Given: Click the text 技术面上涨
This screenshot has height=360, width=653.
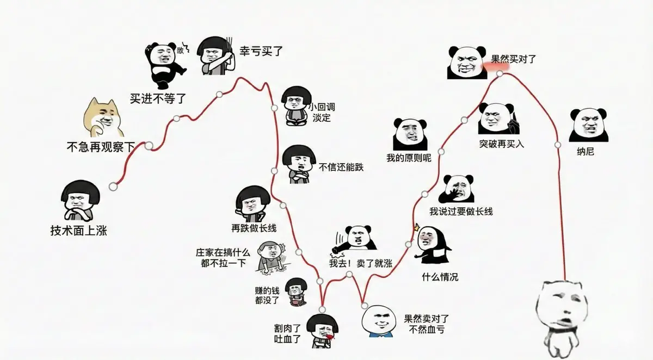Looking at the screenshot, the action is point(79,231).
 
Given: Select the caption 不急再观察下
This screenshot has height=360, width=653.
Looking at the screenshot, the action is point(101,147).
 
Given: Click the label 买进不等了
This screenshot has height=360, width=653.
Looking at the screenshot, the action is point(158,99).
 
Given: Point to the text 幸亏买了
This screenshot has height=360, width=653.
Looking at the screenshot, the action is point(261,51).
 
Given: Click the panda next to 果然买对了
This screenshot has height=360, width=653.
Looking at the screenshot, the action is point(467,63).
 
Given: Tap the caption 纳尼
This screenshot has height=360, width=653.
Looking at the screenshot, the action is point(586,152).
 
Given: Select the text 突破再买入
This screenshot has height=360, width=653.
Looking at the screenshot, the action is point(501,144).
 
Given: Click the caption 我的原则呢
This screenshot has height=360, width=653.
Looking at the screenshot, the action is point(409,158).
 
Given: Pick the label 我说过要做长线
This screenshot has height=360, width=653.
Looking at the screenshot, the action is point(461,211).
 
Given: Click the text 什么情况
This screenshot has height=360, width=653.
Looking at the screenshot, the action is point(440,277).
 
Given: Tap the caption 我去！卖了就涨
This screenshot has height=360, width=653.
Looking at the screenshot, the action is point(361,263).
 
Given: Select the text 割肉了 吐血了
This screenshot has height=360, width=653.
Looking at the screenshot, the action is point(287,334).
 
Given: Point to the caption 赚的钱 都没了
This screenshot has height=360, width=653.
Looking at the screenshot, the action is point(267,295).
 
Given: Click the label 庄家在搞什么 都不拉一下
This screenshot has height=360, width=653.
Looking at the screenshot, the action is point(223,258).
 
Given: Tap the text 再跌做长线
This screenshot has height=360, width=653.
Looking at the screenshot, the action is point(254,228).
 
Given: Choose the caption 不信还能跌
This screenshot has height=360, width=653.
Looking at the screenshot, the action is point(341,167).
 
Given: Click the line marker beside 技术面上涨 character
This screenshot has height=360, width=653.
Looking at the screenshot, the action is point(113,187).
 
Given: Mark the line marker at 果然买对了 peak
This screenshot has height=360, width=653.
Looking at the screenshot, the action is point(500,73).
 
